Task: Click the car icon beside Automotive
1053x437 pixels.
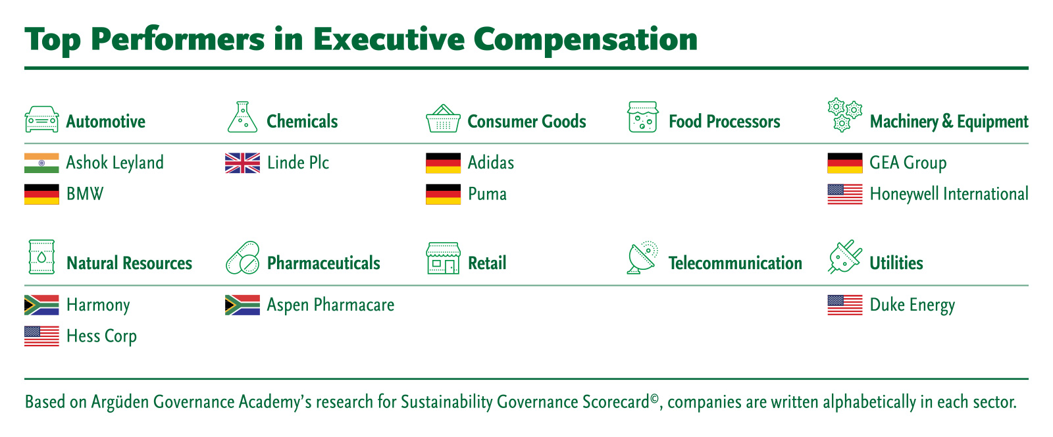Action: point(42,119)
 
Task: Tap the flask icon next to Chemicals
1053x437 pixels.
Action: point(243,117)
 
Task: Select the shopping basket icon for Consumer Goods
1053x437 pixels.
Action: point(443,118)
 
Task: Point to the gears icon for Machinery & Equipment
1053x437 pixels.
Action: point(845,115)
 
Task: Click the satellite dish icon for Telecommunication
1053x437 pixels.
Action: point(642,257)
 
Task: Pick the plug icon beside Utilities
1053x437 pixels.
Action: point(845,257)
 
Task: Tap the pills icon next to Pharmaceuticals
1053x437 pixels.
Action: point(243,258)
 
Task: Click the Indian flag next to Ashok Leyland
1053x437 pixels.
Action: point(42,163)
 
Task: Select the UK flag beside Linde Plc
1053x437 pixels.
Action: point(243,163)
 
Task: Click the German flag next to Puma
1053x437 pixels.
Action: point(444,195)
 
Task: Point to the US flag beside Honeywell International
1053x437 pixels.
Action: point(845,195)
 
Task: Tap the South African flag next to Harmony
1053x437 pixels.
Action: point(42,305)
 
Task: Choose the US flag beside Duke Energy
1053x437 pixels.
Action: point(845,305)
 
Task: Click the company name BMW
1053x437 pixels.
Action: point(85,194)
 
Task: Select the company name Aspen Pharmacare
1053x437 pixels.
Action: point(330,305)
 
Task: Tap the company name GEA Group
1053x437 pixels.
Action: point(908,163)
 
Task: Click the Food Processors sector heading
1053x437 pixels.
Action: point(725,122)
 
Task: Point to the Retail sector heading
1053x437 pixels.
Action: point(487,263)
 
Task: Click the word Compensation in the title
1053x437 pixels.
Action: point(585,40)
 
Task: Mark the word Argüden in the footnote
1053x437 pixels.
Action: point(120,403)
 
